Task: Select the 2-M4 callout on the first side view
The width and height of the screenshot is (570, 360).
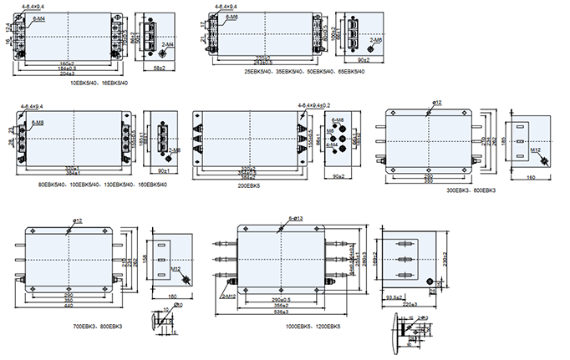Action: point(167,45)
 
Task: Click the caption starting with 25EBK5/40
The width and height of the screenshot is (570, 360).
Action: point(304,71)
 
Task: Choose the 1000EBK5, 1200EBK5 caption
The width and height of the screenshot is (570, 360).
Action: point(312,326)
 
